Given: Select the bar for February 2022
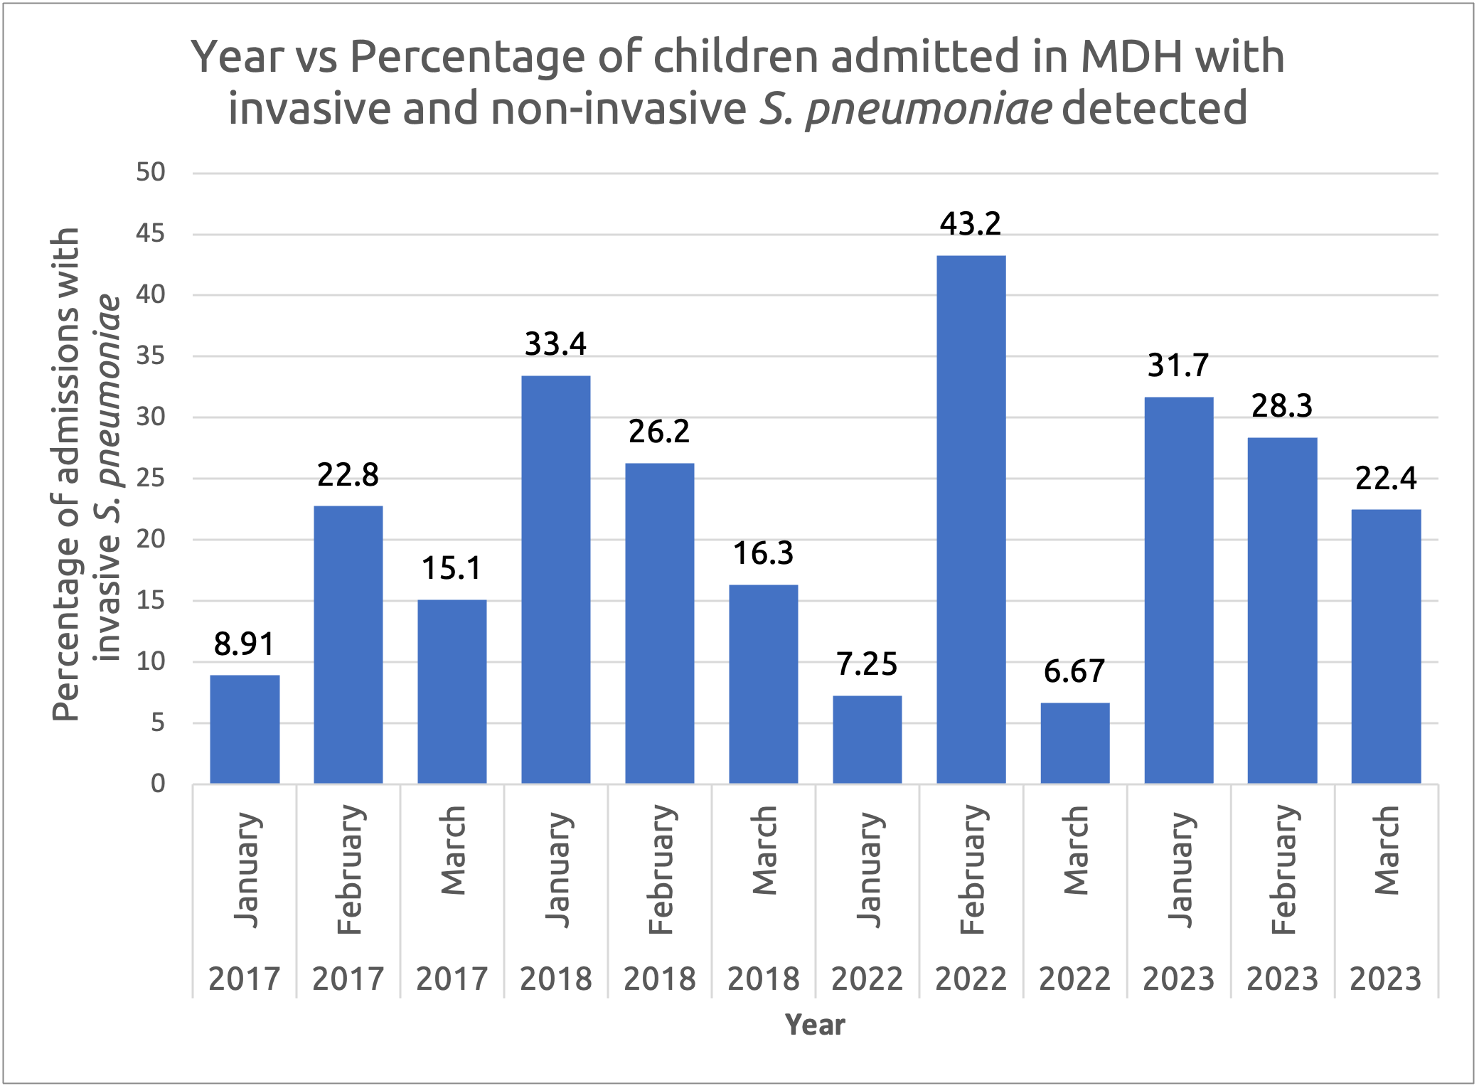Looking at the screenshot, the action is click(x=971, y=519).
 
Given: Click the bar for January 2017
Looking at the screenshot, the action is click(x=245, y=729).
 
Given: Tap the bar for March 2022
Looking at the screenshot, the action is click(x=1074, y=743).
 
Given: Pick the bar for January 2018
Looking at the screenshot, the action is click(x=555, y=580).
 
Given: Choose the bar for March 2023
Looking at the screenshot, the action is click(x=1386, y=646).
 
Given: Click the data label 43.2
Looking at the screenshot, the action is click(x=971, y=224).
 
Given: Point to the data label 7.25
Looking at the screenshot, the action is click(x=867, y=664).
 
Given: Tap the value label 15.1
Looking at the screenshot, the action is click(x=452, y=568).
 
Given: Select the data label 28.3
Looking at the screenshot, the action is click(x=1282, y=406).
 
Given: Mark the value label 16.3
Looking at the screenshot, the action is click(x=763, y=553).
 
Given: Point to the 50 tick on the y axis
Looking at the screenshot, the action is click(x=151, y=172).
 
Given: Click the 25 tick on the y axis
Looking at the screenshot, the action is click(x=151, y=478).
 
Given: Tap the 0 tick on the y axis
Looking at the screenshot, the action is click(x=158, y=784).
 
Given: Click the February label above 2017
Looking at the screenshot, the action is click(x=350, y=869).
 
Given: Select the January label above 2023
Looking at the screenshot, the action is click(x=1180, y=869).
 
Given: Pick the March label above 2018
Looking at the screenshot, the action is click(x=764, y=850).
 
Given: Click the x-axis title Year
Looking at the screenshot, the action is click(x=815, y=1025).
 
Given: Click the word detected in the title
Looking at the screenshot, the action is click(x=1154, y=107).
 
